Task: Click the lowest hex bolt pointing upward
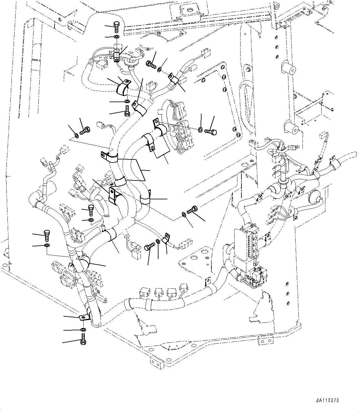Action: coord(83,340)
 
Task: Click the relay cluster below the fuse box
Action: coord(251,275)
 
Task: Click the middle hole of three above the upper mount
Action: coord(275,47)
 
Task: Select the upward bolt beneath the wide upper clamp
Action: coord(127,111)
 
